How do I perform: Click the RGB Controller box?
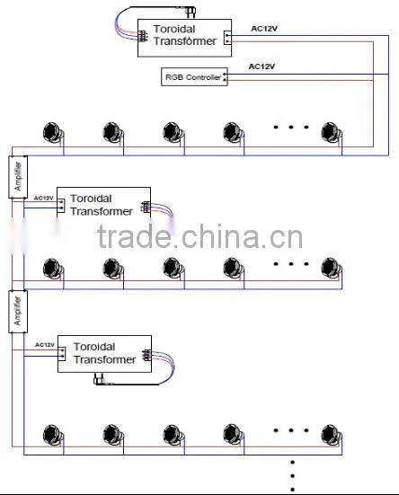point(194,76)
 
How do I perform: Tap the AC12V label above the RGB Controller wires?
point(262,66)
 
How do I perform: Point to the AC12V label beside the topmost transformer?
point(264,29)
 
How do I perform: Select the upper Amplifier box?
point(18,177)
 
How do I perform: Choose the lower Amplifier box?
point(18,311)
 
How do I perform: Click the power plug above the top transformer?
point(191,12)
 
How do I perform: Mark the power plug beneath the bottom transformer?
point(103,380)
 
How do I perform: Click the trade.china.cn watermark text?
point(200,236)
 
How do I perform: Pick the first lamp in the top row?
point(53,132)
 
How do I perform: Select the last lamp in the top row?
point(332,132)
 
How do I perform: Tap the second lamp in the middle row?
point(113,269)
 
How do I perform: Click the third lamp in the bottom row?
point(173,435)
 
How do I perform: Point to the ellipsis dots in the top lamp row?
point(291,128)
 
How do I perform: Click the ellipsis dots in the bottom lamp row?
point(291,430)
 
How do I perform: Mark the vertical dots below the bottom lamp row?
point(293,476)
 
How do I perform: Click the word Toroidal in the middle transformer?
point(91,199)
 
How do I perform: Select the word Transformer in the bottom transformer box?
point(105,359)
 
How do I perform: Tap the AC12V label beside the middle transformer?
point(44,198)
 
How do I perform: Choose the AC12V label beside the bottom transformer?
point(45,345)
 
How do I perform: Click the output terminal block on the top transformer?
point(227,38)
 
